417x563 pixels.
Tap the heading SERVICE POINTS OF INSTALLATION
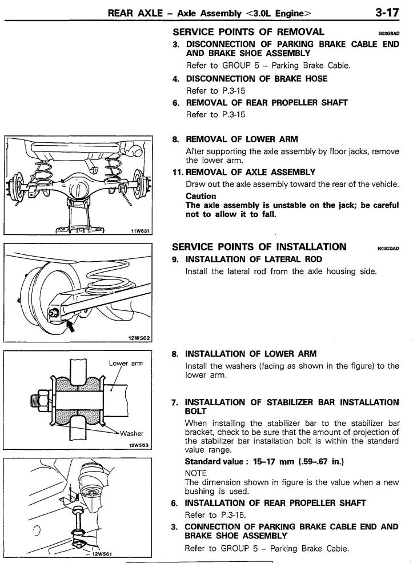click(x=259, y=246)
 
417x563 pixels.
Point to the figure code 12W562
click(x=139, y=338)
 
